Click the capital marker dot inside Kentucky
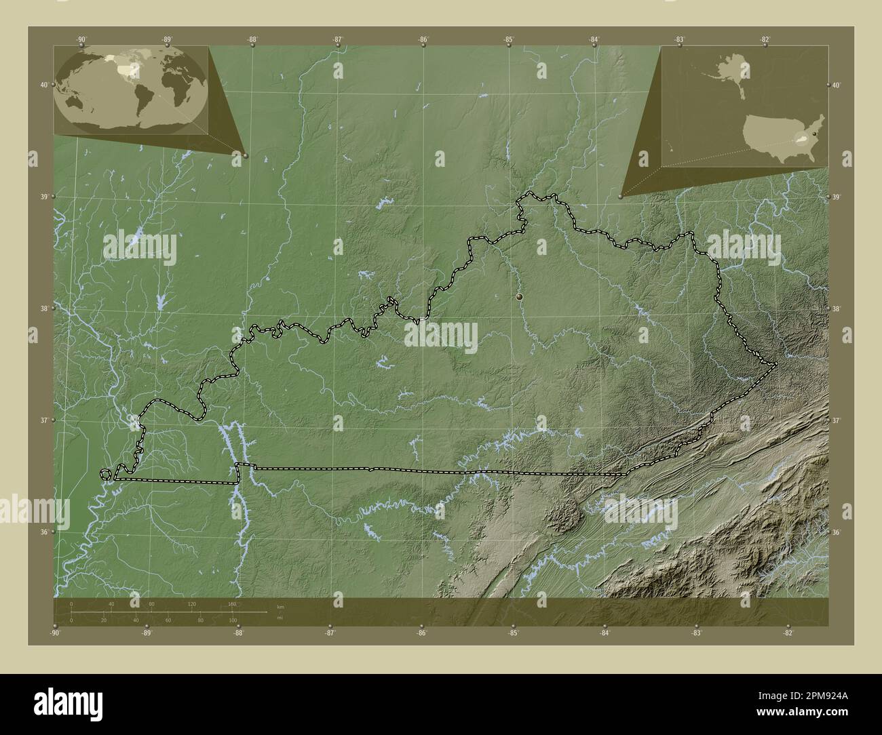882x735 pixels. [519, 297]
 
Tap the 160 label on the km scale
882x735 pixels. [231, 603]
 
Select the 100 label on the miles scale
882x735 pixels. [232, 620]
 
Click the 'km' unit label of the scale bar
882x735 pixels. [280, 605]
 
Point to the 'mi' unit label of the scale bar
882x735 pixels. [280, 618]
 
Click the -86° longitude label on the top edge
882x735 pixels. [423, 39]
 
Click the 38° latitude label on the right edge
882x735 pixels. [837, 309]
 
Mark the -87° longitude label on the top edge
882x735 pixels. [337, 39]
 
